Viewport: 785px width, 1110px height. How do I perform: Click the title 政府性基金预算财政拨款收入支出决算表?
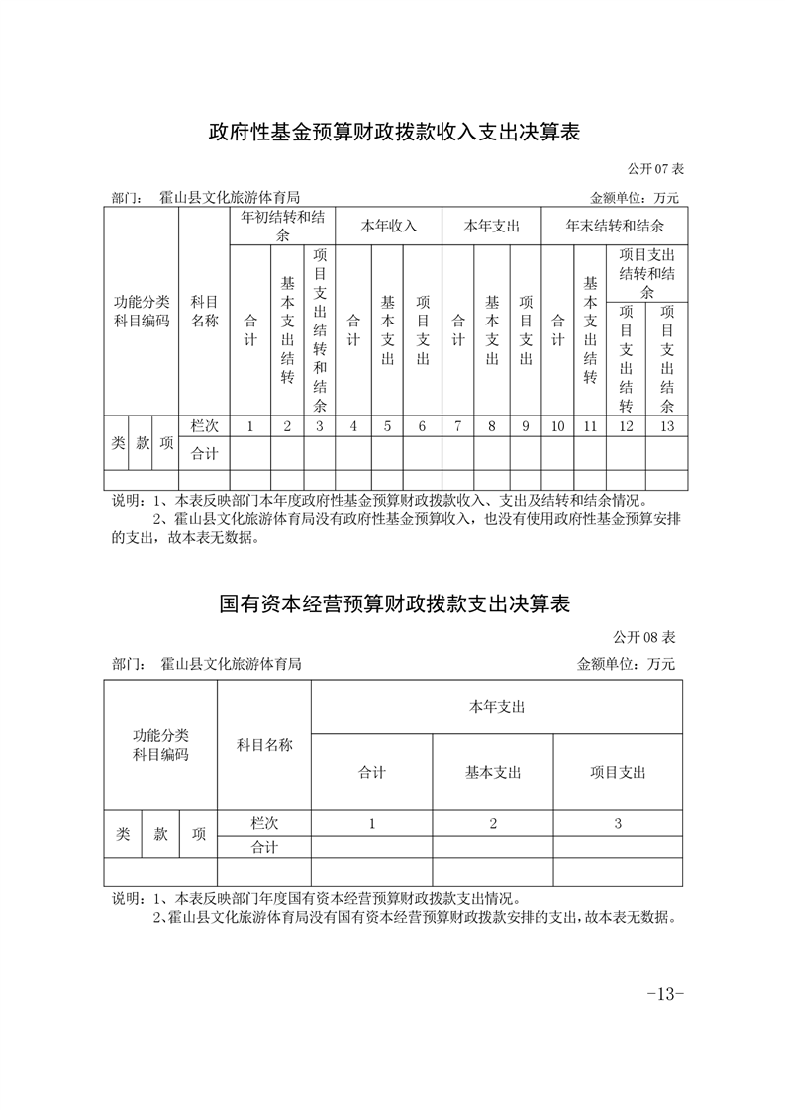pyautogui.click(x=393, y=132)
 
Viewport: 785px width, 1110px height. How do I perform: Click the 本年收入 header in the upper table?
pyautogui.click(x=388, y=226)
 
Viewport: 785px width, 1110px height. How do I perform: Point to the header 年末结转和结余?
pyautogui.click(x=615, y=226)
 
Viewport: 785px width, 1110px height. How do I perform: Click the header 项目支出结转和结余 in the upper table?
pyautogui.click(x=646, y=273)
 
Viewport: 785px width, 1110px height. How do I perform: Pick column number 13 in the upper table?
pyautogui.click(x=666, y=426)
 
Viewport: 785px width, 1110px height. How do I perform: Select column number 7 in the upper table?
pyautogui.click(x=457, y=426)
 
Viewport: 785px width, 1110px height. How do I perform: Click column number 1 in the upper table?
pyautogui.click(x=249, y=426)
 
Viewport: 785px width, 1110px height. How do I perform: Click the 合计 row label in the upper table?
pyautogui.click(x=204, y=454)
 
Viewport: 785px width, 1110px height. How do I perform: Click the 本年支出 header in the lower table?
pyautogui.click(x=496, y=707)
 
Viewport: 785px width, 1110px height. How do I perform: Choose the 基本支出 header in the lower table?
pyautogui.click(x=493, y=773)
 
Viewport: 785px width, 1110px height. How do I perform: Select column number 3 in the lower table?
pyautogui.click(x=618, y=823)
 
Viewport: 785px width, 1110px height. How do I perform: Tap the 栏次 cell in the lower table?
pyautogui.click(x=264, y=823)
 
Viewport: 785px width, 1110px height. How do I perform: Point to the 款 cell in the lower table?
pyautogui.click(x=161, y=834)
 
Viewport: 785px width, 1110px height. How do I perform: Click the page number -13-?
pyautogui.click(x=664, y=994)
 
